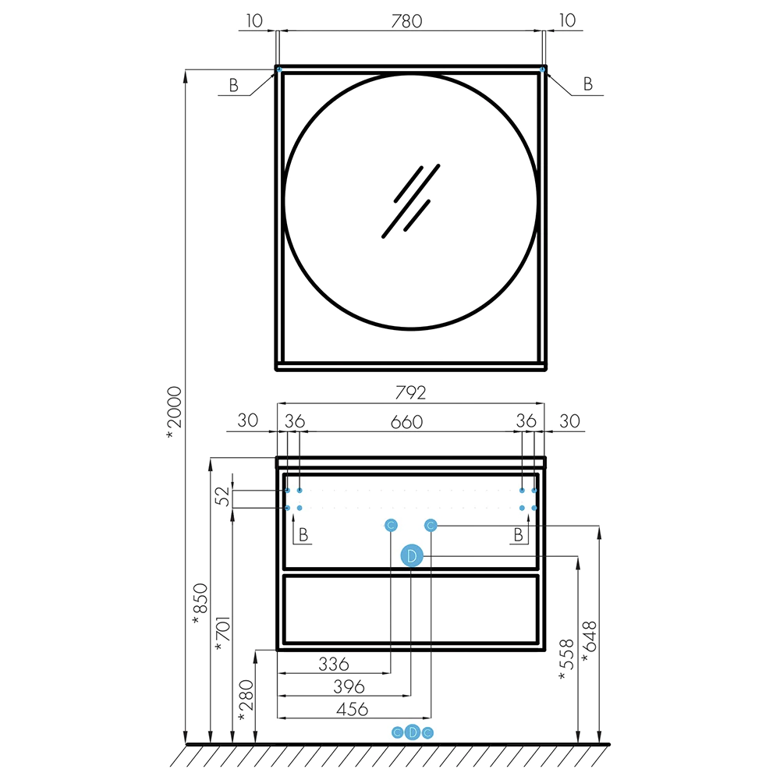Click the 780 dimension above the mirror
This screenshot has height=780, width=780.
pyautogui.click(x=406, y=21)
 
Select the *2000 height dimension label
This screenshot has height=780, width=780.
pyautogui.click(x=175, y=413)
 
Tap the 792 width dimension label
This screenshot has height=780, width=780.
pyautogui.click(x=410, y=392)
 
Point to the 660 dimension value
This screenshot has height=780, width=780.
pyautogui.click(x=406, y=422)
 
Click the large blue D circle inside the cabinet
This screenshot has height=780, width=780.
pyautogui.click(x=412, y=555)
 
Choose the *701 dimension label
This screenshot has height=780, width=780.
pyautogui.click(x=223, y=633)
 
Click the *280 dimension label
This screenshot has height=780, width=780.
pyautogui.click(x=246, y=700)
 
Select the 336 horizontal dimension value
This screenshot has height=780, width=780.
pyautogui.click(x=334, y=664)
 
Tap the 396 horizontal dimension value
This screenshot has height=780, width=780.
pyautogui.click(x=349, y=686)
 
